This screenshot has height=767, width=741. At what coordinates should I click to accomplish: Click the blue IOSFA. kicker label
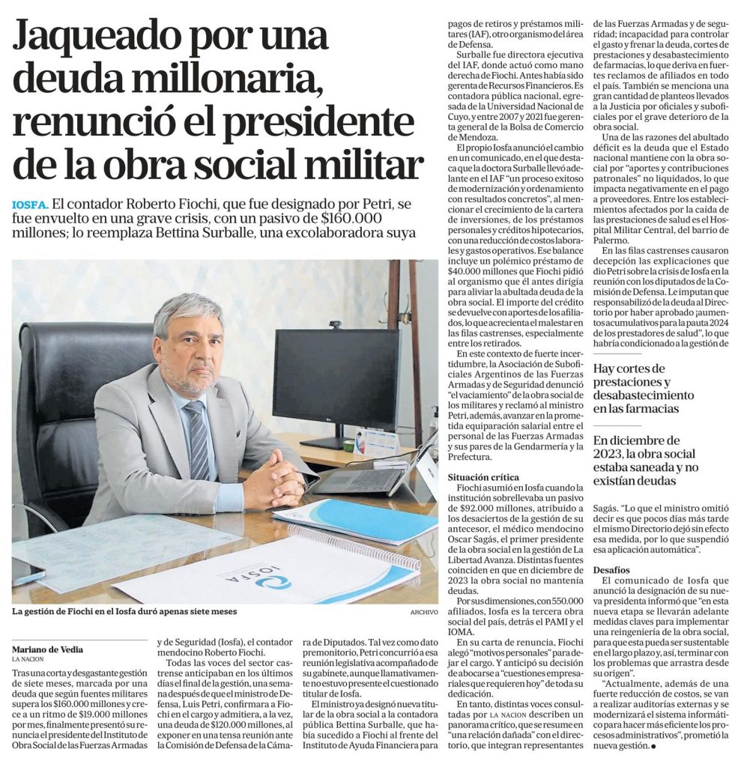coord(31,204)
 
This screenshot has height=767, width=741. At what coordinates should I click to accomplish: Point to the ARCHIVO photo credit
coord(423,612)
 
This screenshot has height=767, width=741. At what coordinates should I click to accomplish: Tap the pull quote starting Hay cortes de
coord(643,388)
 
